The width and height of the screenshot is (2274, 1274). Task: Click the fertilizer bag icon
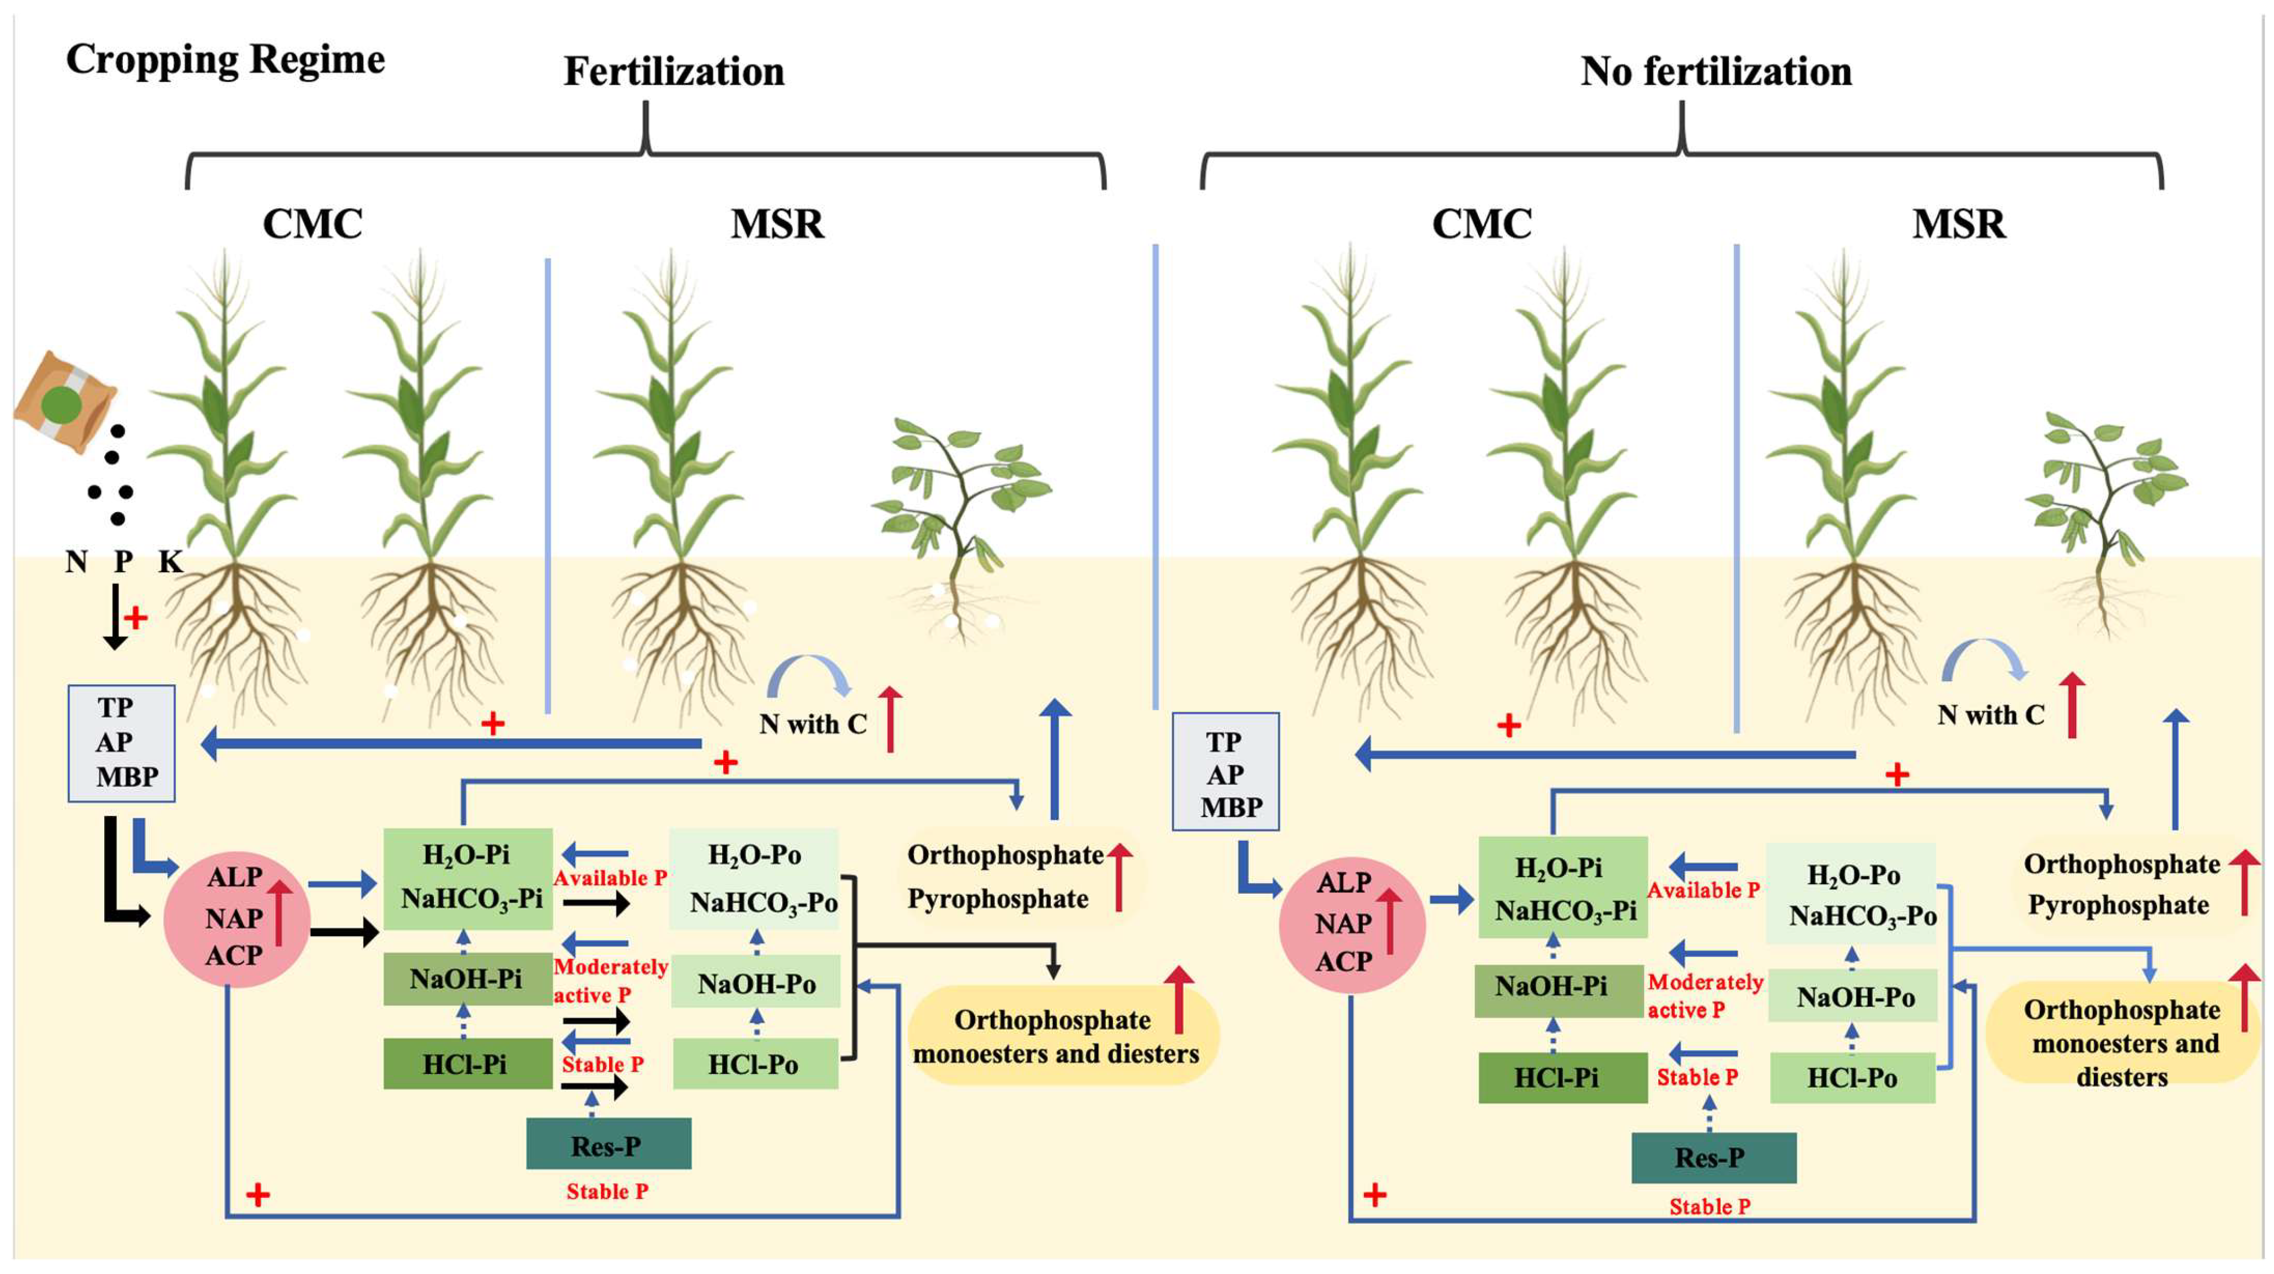[x=63, y=402]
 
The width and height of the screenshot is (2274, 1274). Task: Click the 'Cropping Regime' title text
[x=225, y=60]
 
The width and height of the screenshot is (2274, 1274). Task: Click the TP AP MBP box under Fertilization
[x=122, y=743]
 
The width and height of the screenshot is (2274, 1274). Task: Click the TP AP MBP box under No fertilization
[x=1225, y=772]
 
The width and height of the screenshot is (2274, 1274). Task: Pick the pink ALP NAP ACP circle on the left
[x=236, y=918]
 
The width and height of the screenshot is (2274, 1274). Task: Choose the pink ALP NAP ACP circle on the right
[x=1352, y=923]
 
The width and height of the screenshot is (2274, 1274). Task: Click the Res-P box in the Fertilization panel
[x=608, y=1144]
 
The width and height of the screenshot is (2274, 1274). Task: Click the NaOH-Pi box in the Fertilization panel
[x=467, y=978]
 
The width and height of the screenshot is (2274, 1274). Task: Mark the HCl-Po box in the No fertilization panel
[x=1852, y=1077]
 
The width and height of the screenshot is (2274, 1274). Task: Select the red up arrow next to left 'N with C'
[x=891, y=719]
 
